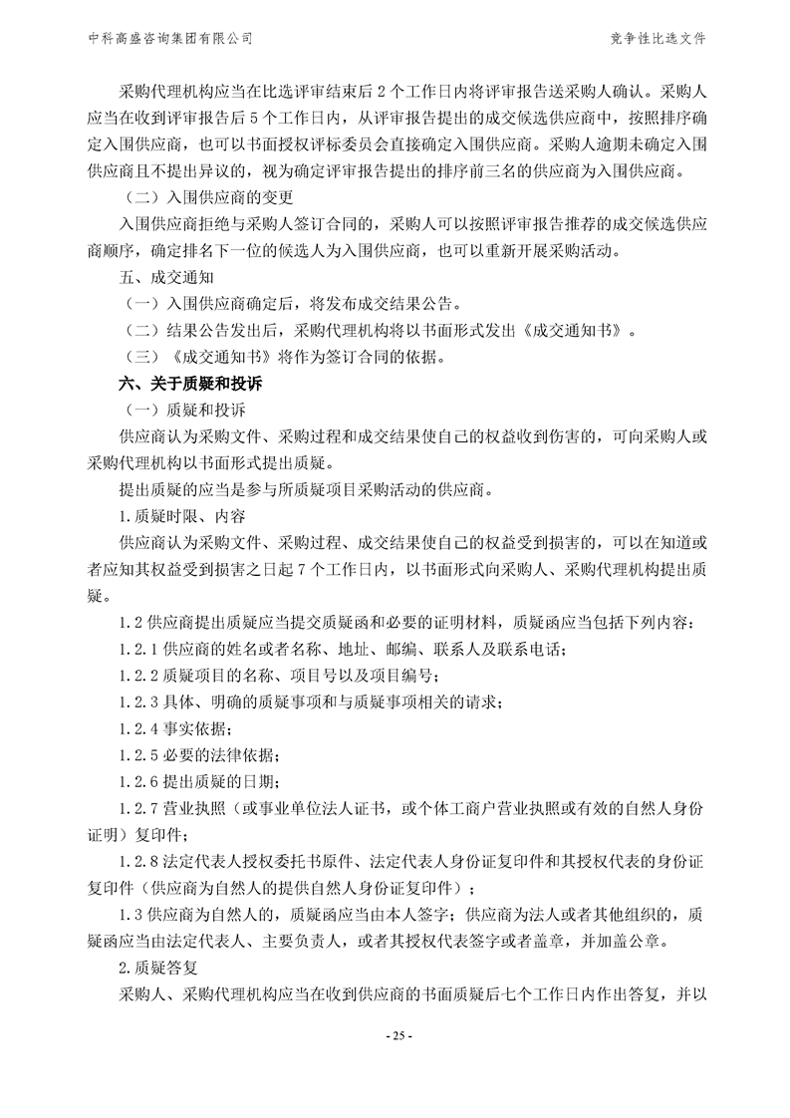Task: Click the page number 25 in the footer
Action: (x=395, y=1036)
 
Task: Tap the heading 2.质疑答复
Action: (x=162, y=967)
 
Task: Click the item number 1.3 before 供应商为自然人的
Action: (x=131, y=913)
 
